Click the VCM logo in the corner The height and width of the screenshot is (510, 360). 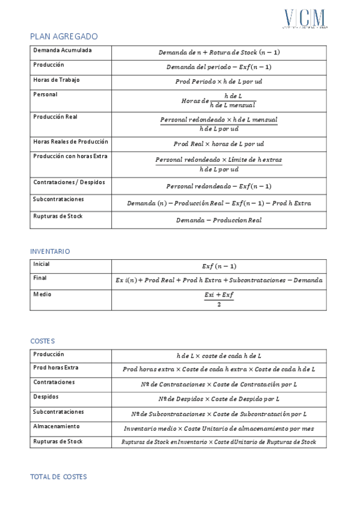pyautogui.click(x=305, y=18)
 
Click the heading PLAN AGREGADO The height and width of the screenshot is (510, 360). pyautogui.click(x=64, y=37)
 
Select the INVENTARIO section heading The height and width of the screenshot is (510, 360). pyautogui.click(x=50, y=251)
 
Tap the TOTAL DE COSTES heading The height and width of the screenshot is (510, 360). pyautogui.click(x=58, y=476)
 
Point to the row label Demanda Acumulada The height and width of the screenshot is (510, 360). pyautogui.click(x=63, y=50)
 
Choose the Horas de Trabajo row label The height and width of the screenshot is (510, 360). pyautogui.click(x=56, y=79)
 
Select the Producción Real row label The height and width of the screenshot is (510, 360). pyautogui.click(x=56, y=116)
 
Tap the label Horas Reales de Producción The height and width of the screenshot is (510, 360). pyautogui.click(x=70, y=141)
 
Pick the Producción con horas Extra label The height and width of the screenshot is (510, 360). pyautogui.click(x=72, y=156)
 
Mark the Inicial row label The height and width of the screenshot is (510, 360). pyautogui.click(x=41, y=263)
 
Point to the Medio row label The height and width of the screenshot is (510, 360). pyautogui.click(x=42, y=294)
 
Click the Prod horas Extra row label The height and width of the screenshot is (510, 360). pyautogui.click(x=56, y=367)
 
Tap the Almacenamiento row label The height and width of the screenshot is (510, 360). pyautogui.click(x=56, y=426)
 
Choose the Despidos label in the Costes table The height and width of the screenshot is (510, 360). pyautogui.click(x=47, y=397)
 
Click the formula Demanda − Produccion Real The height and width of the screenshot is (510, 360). pyautogui.click(x=219, y=220)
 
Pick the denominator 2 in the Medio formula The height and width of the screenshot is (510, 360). pyautogui.click(x=219, y=304)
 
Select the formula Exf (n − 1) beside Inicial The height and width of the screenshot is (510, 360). pyautogui.click(x=219, y=266)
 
